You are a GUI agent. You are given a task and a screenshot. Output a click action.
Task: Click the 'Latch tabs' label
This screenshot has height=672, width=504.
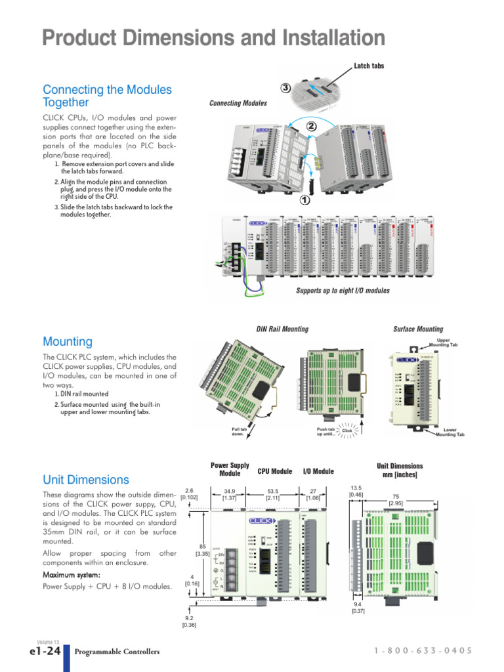[x=369, y=66]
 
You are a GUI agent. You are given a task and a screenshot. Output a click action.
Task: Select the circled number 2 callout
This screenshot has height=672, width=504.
[x=311, y=125]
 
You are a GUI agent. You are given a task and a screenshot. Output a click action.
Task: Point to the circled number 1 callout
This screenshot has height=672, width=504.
[x=304, y=200]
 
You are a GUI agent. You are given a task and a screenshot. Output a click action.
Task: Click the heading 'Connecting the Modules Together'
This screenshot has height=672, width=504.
[x=107, y=96]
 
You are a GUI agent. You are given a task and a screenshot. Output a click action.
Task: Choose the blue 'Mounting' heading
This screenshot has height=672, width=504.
[x=68, y=341]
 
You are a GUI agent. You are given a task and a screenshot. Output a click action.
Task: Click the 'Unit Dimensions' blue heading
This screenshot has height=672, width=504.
[x=86, y=480]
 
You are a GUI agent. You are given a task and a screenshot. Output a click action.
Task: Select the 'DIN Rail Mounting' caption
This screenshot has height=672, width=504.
[x=282, y=329]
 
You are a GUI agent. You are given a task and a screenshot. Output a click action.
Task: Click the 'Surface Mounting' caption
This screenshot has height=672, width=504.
[x=417, y=329]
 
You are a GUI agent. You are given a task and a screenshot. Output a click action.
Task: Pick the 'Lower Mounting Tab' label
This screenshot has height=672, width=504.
[x=450, y=432]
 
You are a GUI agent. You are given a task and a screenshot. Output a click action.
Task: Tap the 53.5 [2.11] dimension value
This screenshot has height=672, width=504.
[x=272, y=494]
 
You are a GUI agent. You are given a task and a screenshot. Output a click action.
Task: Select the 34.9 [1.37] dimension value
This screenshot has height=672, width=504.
[x=230, y=494]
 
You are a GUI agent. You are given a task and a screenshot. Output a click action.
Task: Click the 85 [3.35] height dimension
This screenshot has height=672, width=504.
[x=202, y=550]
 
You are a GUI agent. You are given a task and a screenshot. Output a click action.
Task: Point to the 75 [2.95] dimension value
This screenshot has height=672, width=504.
[x=396, y=500]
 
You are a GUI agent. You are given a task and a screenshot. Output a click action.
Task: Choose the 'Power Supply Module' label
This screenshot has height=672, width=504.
[x=230, y=469]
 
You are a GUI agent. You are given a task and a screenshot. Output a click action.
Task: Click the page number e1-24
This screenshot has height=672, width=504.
[x=45, y=651]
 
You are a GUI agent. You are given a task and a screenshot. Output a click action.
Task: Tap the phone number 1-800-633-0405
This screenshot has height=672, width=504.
[x=423, y=651]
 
